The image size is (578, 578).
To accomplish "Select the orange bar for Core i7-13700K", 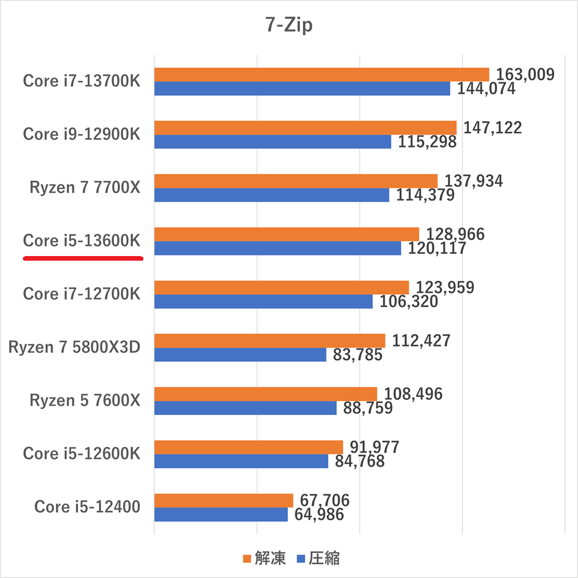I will tap(321, 75).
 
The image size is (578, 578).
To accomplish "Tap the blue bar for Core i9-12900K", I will tap(273, 142).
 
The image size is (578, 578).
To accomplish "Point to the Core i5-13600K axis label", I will tap(81, 240).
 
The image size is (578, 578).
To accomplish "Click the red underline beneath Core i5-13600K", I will tap(83, 259).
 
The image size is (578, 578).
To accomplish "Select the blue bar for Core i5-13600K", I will tap(277, 248).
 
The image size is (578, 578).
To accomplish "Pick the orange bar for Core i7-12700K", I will tap(281, 287).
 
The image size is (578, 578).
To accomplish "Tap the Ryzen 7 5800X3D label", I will tap(75, 347).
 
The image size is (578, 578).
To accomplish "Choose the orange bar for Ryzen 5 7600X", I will tap(265, 394).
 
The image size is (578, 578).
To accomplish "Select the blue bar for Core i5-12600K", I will tap(241, 461).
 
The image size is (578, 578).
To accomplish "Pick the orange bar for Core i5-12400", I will tap(224, 500).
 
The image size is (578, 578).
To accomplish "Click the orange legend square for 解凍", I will tap(247, 559).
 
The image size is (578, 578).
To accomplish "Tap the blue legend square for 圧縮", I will tap(300, 559).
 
